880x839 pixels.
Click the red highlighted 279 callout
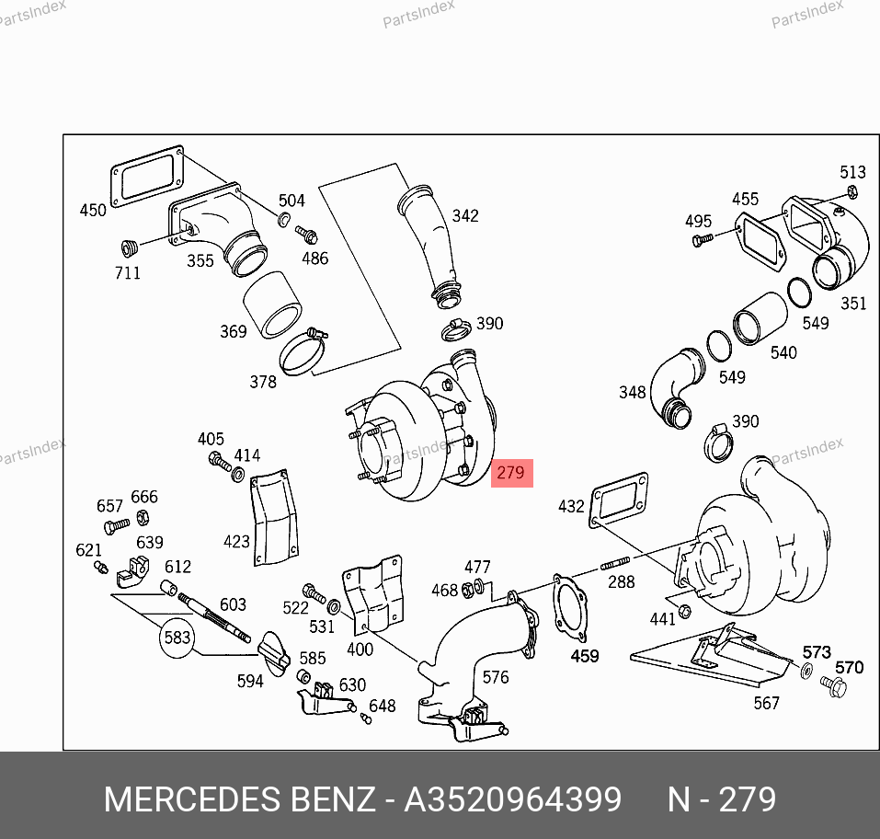click(x=512, y=473)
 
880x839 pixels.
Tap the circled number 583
click(x=177, y=638)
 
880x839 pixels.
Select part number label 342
click(x=465, y=215)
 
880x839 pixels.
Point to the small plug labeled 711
click(x=130, y=247)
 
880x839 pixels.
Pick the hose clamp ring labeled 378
click(x=303, y=352)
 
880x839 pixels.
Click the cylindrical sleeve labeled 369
click(x=272, y=305)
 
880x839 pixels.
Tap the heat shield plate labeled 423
click(x=274, y=518)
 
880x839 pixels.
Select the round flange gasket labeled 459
click(x=570, y=607)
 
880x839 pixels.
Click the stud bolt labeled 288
click(x=616, y=563)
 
